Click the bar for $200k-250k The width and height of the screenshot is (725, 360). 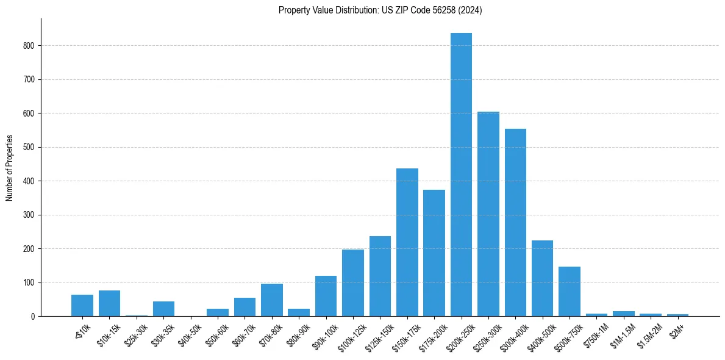click(x=461, y=175)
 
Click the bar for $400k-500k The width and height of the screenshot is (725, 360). click(x=542, y=278)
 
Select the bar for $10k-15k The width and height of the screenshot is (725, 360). click(x=110, y=303)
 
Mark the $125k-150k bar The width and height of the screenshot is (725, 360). click(x=380, y=276)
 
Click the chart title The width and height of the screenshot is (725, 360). click(x=380, y=10)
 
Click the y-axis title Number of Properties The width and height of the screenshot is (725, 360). click(x=10, y=168)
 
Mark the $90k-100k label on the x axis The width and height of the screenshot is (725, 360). click(x=325, y=336)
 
